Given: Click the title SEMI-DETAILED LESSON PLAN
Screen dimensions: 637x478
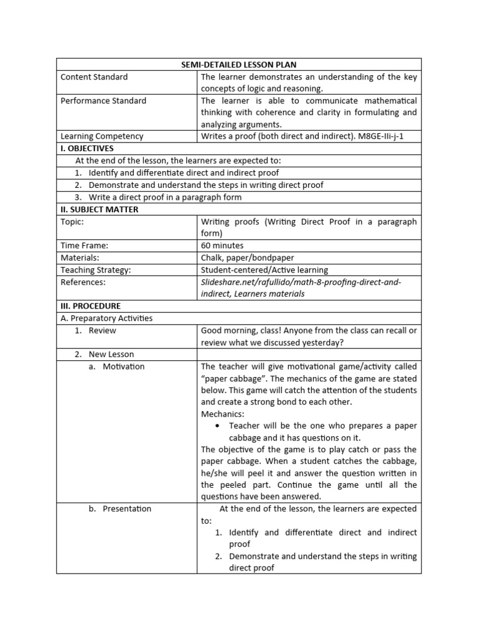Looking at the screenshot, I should [x=239, y=65].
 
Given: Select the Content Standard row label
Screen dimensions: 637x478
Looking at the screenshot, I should [x=94, y=77].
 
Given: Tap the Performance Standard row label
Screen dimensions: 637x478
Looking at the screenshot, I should [x=103, y=101].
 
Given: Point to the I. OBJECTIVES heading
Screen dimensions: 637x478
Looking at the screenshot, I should [x=87, y=148].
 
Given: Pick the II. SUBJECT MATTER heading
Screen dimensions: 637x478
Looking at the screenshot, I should [x=99, y=210].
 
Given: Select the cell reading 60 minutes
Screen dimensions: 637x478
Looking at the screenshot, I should [x=222, y=246].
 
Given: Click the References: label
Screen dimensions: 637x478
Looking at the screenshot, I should [x=83, y=282].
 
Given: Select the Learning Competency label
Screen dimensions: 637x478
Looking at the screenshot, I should [x=101, y=136].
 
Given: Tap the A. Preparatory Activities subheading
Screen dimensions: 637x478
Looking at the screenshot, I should [x=106, y=318].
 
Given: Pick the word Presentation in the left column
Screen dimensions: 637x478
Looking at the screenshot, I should [x=127, y=509].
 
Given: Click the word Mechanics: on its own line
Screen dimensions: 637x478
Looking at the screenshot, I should [x=222, y=414].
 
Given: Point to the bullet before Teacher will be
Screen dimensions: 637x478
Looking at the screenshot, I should [x=217, y=426].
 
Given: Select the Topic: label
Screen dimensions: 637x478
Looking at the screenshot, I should [x=72, y=221].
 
